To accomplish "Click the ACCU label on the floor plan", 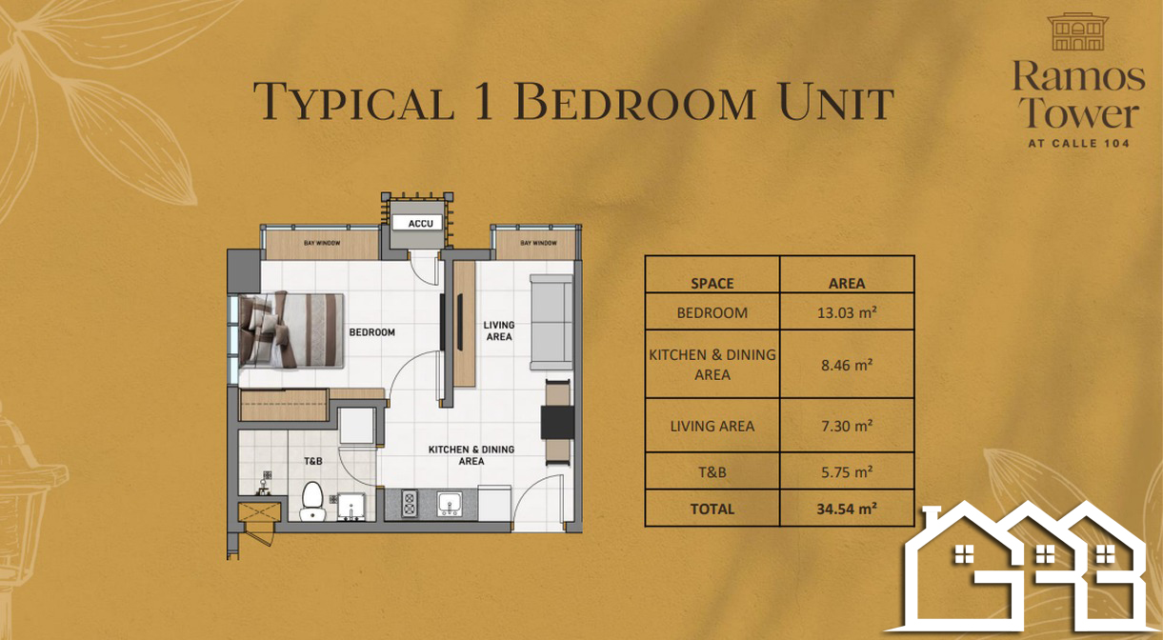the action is pyautogui.click(x=421, y=224).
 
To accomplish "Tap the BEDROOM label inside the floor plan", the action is pyautogui.click(x=371, y=332).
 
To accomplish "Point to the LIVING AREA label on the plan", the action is pyautogui.click(x=499, y=330).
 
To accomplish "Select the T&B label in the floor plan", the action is pyautogui.click(x=313, y=461).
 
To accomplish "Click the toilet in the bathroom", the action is pyautogui.click(x=312, y=501).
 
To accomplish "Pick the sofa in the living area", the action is pyautogui.click(x=551, y=322).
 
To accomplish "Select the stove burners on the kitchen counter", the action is pyautogui.click(x=410, y=504).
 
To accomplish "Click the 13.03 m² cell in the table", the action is pyautogui.click(x=847, y=312).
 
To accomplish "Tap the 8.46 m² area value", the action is pyautogui.click(x=847, y=365).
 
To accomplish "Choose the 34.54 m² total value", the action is pyautogui.click(x=847, y=509).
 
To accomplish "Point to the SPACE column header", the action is pyautogui.click(x=712, y=284).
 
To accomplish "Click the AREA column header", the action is pyautogui.click(x=847, y=284).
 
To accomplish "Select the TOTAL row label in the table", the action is pyautogui.click(x=712, y=510).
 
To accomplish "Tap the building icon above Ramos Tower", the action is pyautogui.click(x=1078, y=31).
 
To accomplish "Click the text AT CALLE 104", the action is pyautogui.click(x=1079, y=143).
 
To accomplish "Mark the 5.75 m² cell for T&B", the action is pyautogui.click(x=847, y=471).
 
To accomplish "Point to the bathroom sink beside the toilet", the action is pyautogui.click(x=351, y=507).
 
